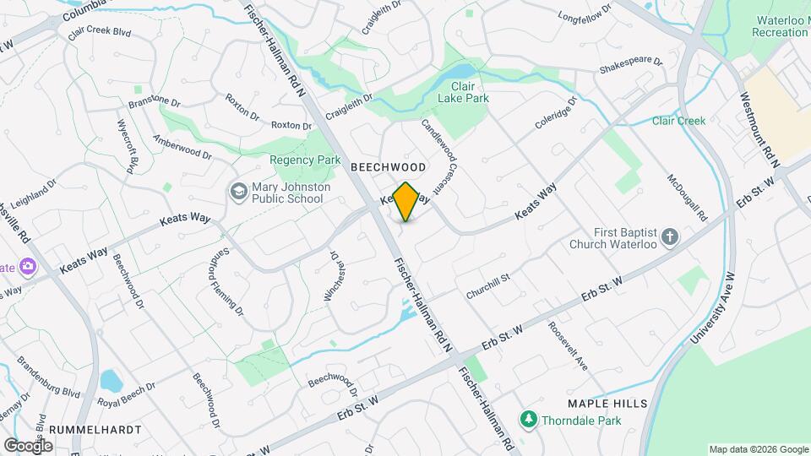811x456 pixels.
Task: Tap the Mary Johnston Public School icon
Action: click(x=238, y=192)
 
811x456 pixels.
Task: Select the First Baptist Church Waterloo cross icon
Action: click(x=670, y=236)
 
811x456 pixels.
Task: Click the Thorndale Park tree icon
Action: click(x=529, y=420)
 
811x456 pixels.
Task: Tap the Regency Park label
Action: click(x=305, y=160)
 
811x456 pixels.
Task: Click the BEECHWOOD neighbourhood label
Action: click(x=389, y=168)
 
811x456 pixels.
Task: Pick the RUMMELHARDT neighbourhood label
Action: click(x=95, y=429)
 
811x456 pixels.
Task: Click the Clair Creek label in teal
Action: click(x=678, y=121)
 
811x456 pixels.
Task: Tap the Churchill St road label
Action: click(x=488, y=286)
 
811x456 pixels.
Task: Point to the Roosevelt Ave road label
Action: click(x=567, y=345)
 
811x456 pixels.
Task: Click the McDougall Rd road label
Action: click(x=686, y=198)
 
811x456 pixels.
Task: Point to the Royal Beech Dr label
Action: click(x=127, y=395)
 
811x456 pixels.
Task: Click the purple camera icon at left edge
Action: click(x=28, y=267)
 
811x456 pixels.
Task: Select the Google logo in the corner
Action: click(x=28, y=445)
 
